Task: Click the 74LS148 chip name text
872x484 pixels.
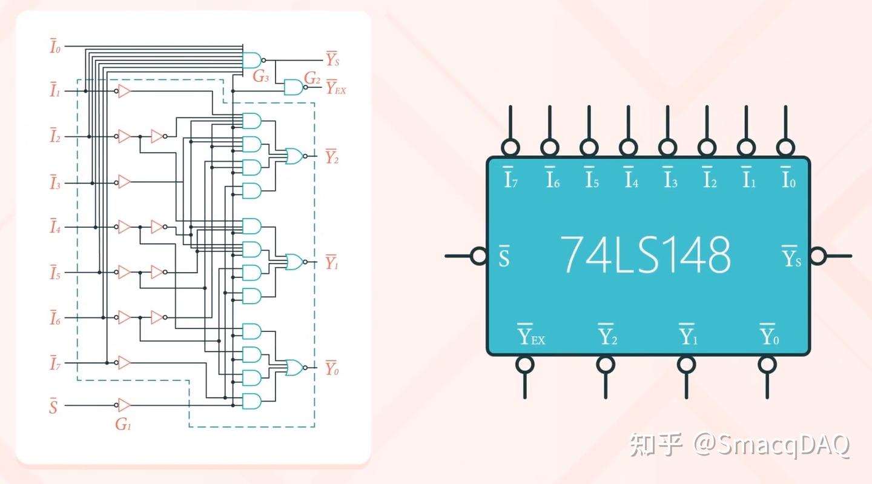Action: pos(646,254)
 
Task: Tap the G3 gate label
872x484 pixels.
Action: pos(260,77)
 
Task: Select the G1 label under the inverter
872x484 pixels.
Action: pos(123,424)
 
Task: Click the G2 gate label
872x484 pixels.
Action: pos(312,77)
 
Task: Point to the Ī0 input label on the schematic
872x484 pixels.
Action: pos(55,47)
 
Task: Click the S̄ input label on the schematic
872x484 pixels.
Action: pos(53,406)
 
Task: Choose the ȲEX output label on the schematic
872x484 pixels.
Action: pos(335,88)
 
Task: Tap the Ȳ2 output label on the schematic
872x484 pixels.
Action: pos(332,157)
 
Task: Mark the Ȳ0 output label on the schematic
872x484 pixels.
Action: pos(332,368)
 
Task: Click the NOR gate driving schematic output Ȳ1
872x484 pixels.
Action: pos(294,262)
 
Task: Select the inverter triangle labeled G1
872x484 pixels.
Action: pos(124,405)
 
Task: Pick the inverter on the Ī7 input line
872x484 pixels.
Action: pos(124,363)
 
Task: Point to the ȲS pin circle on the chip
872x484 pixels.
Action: pos(817,256)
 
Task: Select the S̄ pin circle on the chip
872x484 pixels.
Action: pos(479,256)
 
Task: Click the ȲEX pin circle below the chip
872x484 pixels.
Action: pos(524,364)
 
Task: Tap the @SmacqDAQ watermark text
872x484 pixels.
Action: pos(772,445)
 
